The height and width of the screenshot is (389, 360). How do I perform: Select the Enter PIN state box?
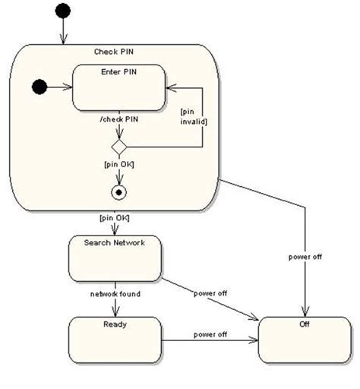(118, 87)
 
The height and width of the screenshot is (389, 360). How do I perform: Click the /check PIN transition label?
(118, 120)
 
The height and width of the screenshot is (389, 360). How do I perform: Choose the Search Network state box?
(115, 258)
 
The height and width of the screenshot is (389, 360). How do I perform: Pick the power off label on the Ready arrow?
(210, 334)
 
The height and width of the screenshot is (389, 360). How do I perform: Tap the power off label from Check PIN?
(305, 257)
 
